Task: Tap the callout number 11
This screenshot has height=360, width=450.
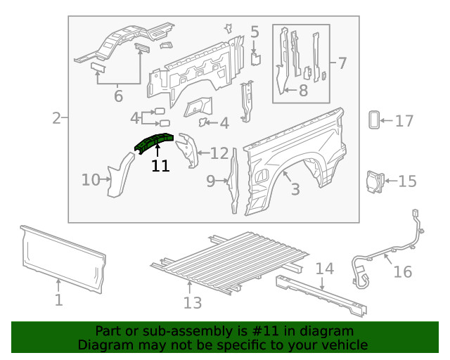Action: coord(160,166)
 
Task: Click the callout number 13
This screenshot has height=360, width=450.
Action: coord(192,302)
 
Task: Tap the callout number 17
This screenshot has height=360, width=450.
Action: coord(404,122)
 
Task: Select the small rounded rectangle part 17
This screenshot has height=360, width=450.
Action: coord(374,120)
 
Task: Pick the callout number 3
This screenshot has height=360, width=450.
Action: coord(295,188)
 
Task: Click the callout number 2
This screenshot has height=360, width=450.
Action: coord(56,118)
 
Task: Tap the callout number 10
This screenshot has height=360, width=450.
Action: coord(91,180)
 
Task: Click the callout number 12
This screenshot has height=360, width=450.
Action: coord(219,153)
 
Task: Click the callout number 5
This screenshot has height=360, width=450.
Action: coord(255,32)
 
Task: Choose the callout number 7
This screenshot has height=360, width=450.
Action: coord(341,63)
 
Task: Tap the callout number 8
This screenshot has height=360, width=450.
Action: coord(303,90)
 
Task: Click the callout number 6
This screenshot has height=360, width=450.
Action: coord(117,96)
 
